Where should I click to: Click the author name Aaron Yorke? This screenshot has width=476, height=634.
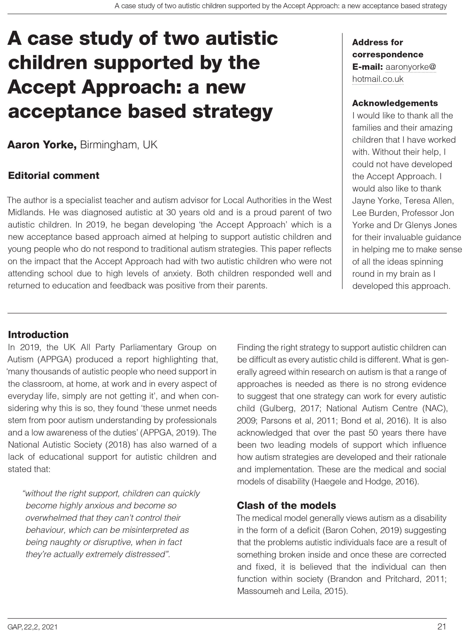click(x=42, y=145)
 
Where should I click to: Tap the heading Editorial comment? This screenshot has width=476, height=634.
click(x=53, y=175)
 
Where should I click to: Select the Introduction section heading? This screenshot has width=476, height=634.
click(x=38, y=335)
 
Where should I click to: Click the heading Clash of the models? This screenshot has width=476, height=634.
click(x=286, y=505)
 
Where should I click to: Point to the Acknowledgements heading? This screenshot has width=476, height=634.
click(x=395, y=103)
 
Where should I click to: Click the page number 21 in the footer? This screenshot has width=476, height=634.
click(x=442, y=627)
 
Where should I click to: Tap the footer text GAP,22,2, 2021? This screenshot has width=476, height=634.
click(x=32, y=627)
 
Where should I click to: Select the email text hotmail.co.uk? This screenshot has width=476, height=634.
click(x=378, y=79)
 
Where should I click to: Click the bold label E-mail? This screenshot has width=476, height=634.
click(x=367, y=67)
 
